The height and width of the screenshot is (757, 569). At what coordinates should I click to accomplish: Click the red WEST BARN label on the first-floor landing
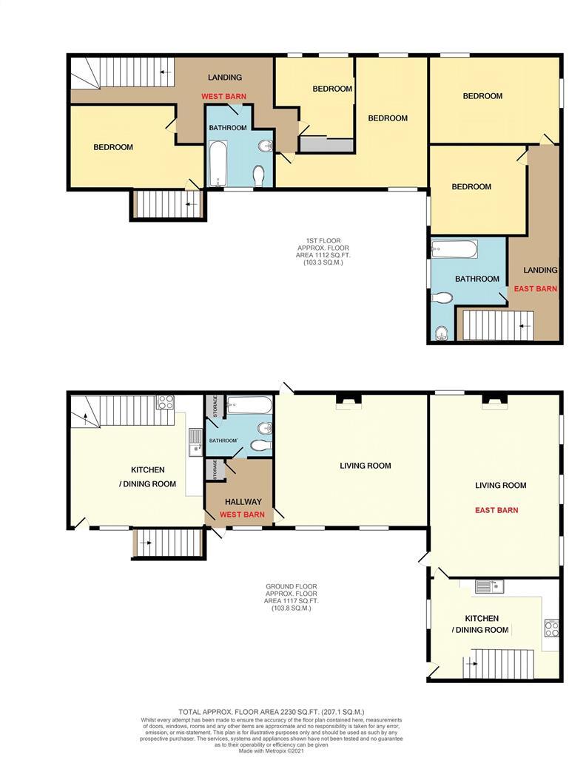click(223, 97)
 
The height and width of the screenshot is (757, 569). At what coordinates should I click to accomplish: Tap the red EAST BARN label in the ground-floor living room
click(496, 510)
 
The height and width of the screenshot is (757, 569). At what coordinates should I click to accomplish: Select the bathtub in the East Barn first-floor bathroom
click(454, 249)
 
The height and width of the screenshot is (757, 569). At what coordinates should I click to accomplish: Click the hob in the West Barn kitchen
click(165, 402)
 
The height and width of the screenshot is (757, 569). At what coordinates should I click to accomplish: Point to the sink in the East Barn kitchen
click(489, 586)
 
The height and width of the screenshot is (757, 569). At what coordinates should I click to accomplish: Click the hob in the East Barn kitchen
click(551, 628)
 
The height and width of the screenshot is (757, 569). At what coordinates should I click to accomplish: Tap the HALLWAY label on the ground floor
click(243, 502)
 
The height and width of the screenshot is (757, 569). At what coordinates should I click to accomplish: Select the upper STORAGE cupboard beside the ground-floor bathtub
click(215, 407)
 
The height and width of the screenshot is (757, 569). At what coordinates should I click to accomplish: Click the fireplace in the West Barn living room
click(349, 401)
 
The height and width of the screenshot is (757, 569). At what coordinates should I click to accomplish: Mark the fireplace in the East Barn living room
click(494, 401)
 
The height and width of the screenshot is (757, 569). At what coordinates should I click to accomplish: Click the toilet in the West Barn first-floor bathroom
click(259, 176)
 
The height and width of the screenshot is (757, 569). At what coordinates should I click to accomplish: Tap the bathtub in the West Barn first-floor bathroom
click(218, 163)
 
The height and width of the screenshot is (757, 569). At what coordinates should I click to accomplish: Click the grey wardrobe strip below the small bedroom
click(326, 145)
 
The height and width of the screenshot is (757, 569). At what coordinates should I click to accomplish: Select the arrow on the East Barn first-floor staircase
click(525, 326)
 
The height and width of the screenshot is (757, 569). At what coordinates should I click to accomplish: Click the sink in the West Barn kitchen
click(195, 442)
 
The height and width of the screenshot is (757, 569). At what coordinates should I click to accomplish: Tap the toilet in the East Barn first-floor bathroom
click(442, 298)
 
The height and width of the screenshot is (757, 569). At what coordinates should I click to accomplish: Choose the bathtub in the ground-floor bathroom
click(249, 405)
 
